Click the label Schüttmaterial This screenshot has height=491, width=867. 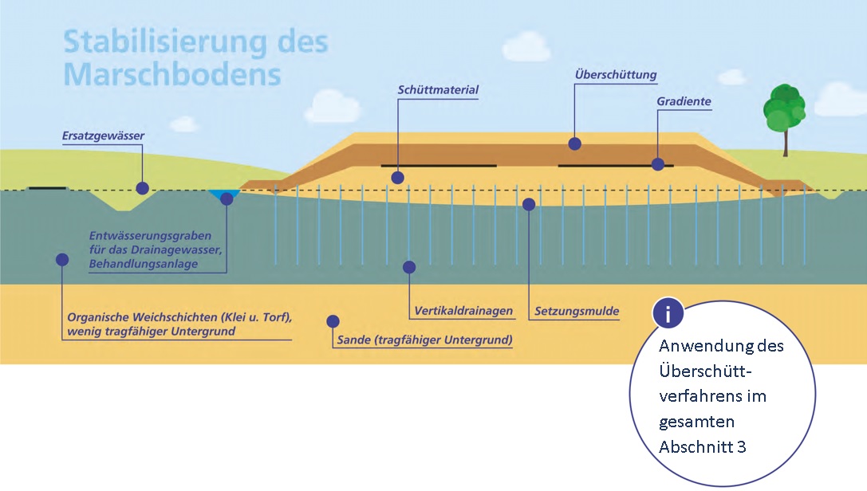(438, 90)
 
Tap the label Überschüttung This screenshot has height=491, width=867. (615, 75)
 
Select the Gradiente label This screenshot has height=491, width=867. (684, 102)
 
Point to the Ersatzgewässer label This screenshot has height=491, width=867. (103, 136)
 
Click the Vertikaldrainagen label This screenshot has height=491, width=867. (463, 311)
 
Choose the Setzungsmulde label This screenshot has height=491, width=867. (577, 311)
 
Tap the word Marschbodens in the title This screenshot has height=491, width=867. (171, 74)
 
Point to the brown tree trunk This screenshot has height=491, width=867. (786, 144)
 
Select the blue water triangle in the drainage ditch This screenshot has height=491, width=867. (225, 194)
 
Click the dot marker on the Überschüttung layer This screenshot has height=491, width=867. (574, 143)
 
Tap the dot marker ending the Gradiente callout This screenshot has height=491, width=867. (658, 164)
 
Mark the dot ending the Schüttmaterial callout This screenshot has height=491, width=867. (398, 177)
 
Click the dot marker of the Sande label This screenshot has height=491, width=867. (333, 321)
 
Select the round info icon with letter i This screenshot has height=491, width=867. (668, 314)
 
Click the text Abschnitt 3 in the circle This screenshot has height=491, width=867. (702, 446)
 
